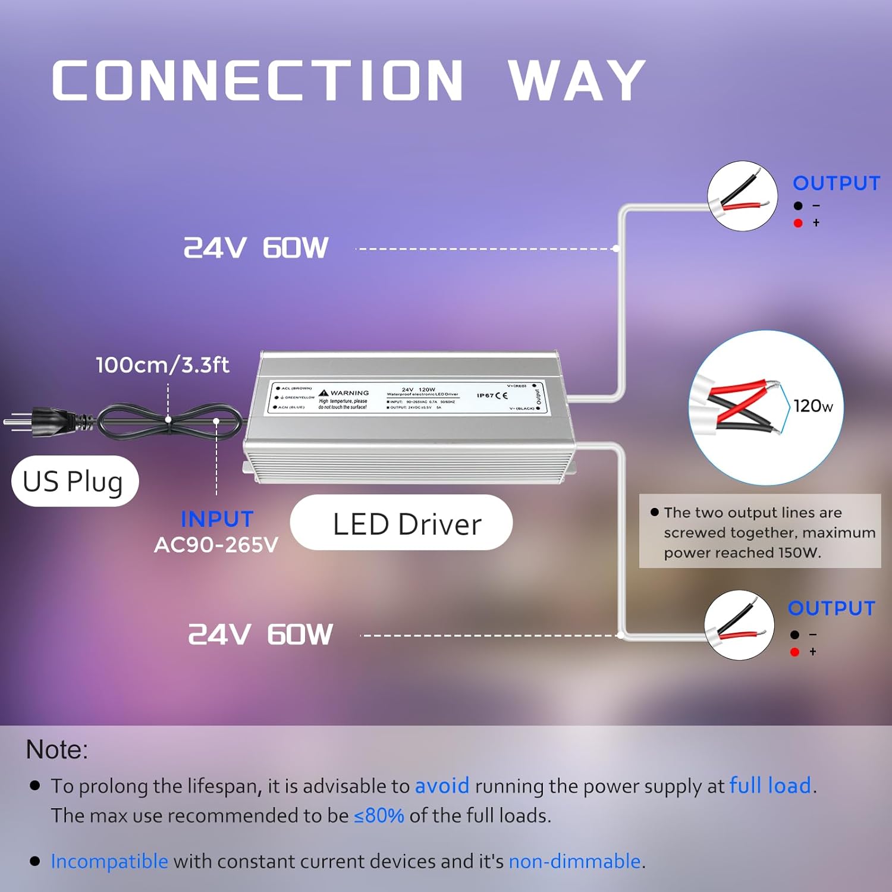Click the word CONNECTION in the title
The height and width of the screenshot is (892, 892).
pos(257,80)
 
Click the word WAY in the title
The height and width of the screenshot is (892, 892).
pos(577,80)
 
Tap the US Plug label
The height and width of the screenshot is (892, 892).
pos(74,481)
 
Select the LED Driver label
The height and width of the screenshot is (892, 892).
pos(407,524)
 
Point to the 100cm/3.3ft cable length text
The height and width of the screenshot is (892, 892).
pos(162,365)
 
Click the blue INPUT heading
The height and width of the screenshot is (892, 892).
pos(217,519)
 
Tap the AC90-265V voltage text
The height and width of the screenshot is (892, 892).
pos(216,545)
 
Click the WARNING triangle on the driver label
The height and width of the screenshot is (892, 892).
pos(323,392)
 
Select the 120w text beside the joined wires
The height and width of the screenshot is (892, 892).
pos(813,406)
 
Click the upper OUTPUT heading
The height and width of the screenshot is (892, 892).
pos(836,183)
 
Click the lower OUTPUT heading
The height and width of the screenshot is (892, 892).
pos(831,608)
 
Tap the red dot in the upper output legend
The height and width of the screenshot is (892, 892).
pos(798,223)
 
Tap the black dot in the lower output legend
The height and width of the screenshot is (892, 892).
pos(794,635)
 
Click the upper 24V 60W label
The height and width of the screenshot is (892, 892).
pos(256,248)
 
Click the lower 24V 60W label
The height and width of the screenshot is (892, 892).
pos(260,635)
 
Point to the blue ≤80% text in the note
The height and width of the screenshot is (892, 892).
pos(379,815)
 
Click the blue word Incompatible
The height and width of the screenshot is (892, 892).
pos(109,861)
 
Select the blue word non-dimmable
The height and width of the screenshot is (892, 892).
pos(574,861)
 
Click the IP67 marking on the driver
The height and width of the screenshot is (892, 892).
pos(485,395)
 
